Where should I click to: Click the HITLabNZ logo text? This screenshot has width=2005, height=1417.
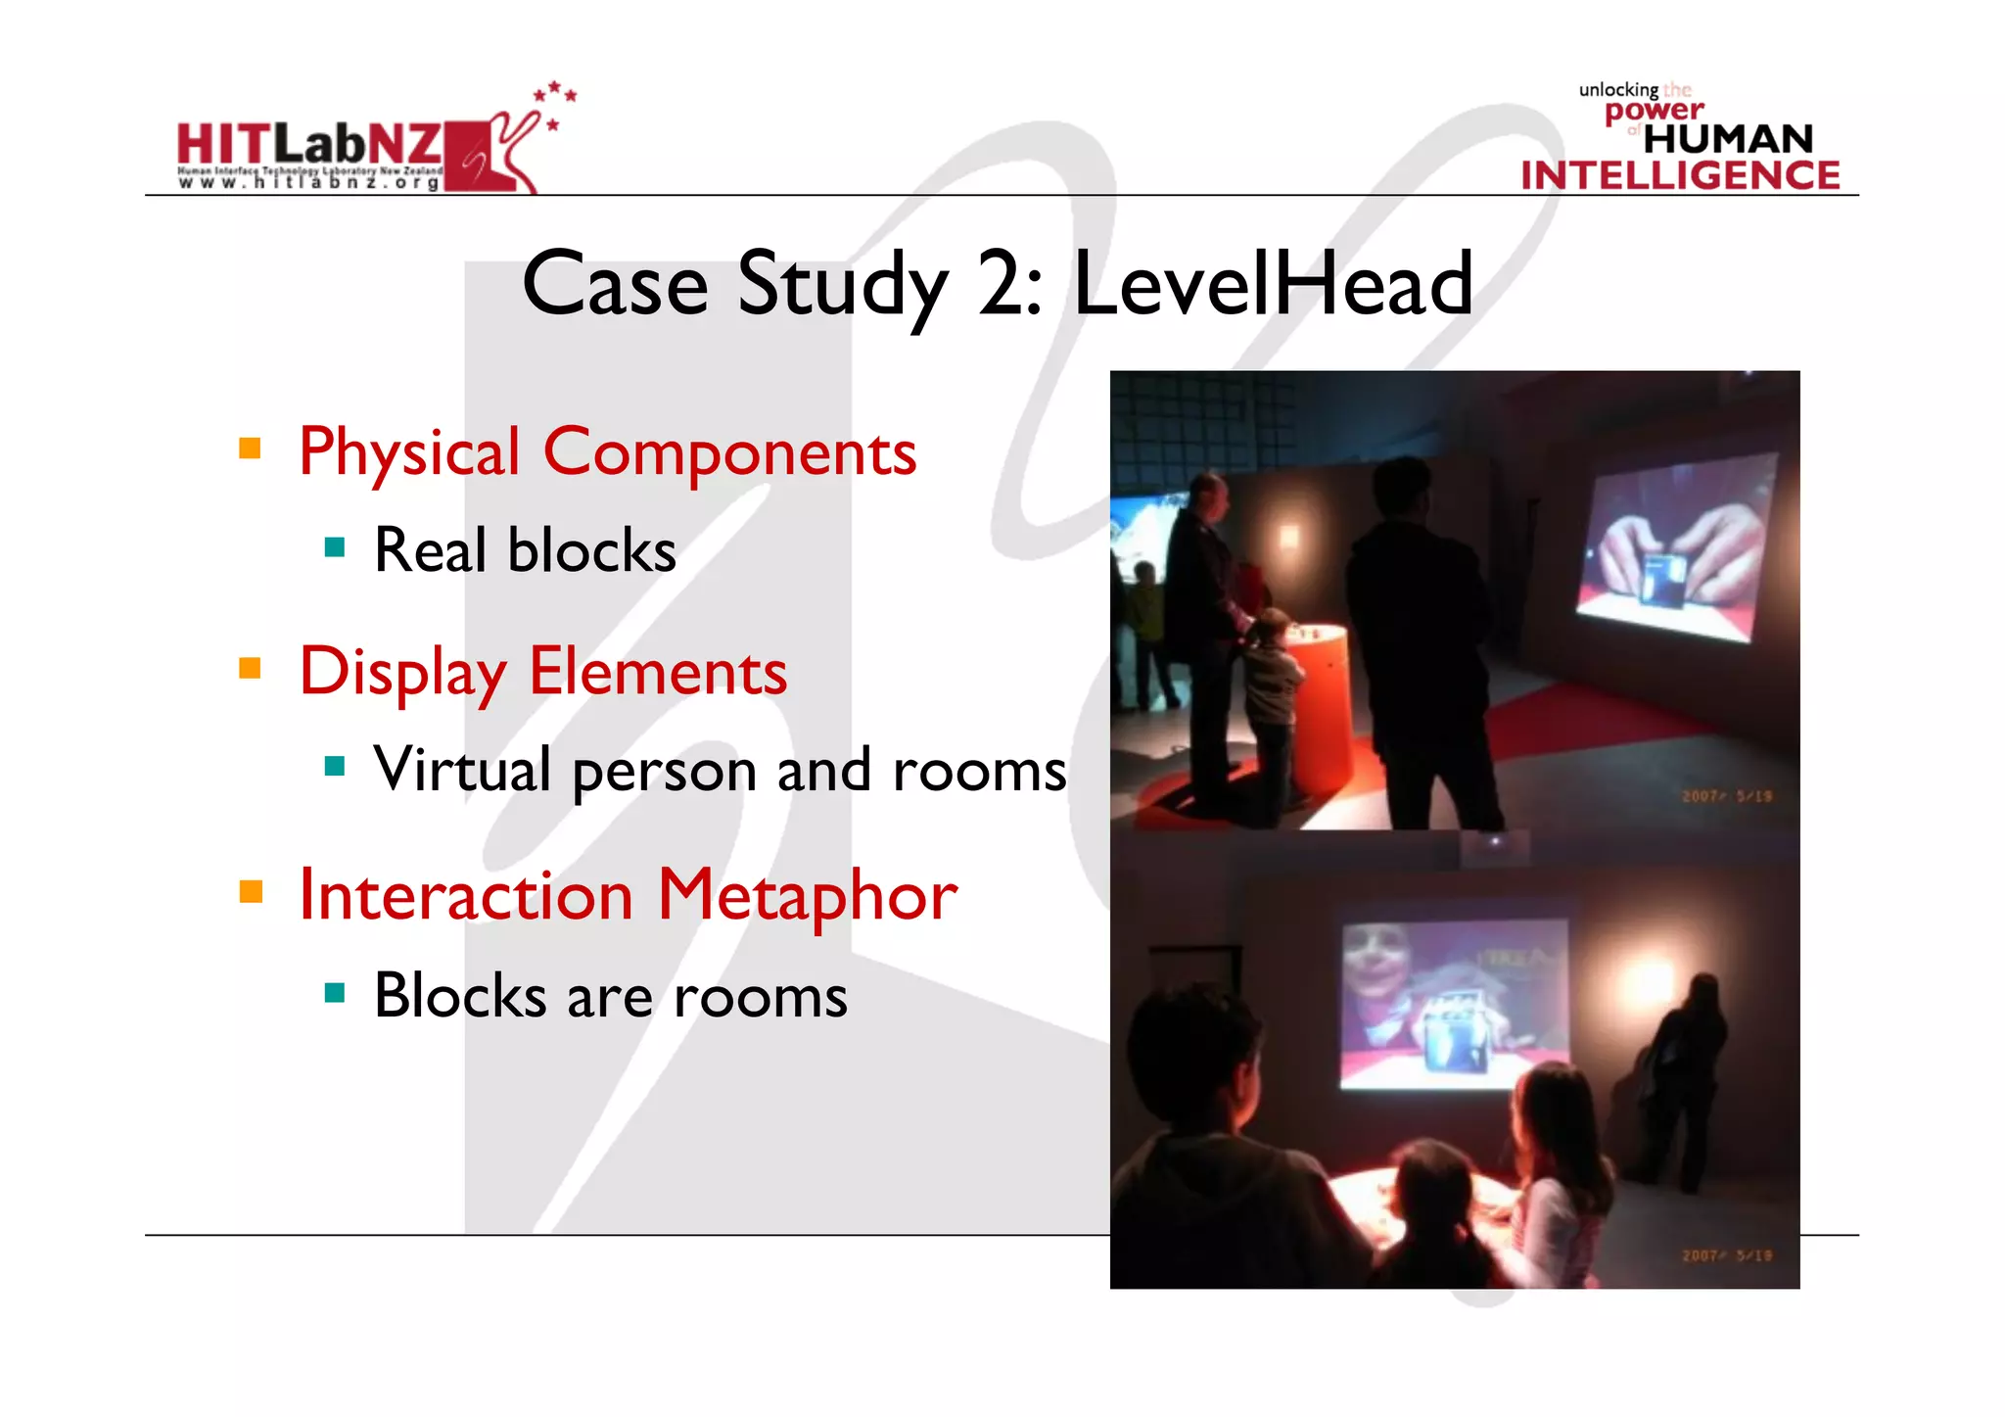coord(309,145)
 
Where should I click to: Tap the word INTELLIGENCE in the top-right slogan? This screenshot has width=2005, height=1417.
coord(1680,175)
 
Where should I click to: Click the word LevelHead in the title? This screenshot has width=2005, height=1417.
coord(1273,284)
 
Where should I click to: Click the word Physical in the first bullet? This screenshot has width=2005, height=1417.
coord(409,452)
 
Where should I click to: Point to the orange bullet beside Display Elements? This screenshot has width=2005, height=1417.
coord(251,669)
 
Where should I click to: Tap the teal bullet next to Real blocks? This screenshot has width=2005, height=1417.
coord(335,547)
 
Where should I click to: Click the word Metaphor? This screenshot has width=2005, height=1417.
coord(807,895)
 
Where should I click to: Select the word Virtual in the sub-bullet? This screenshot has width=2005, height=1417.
coord(462,769)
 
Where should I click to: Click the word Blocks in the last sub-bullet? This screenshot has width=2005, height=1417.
coord(460,996)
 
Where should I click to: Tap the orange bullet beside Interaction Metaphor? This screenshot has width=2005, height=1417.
coord(251,891)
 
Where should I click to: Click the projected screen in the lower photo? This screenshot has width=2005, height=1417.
coord(1454,1004)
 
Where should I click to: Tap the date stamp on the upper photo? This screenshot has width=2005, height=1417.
coord(1727,796)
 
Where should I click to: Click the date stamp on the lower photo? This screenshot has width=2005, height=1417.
coord(1727,1255)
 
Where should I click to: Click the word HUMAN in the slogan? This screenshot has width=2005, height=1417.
coord(1728,139)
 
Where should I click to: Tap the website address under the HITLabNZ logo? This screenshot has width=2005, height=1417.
coord(308,183)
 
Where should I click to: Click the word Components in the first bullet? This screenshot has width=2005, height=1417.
coord(729,452)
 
